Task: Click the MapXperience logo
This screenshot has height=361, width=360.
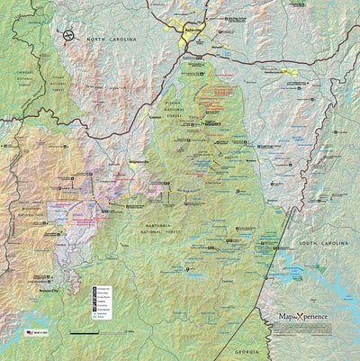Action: [303, 316]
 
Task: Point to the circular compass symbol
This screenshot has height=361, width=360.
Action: [68, 36]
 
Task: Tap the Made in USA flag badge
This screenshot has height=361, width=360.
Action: [34, 331]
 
